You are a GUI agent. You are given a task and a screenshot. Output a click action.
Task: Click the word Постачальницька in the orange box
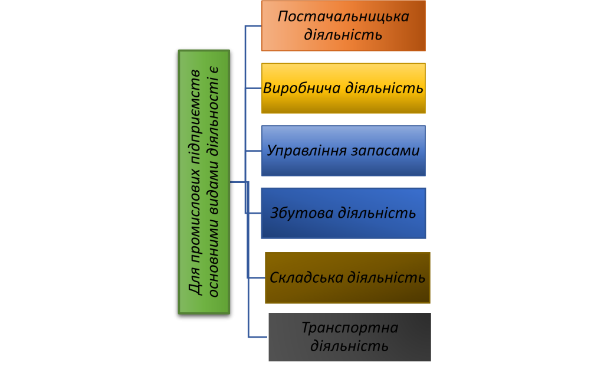click(343, 16)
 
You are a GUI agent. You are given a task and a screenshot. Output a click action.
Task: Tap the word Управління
click(306, 151)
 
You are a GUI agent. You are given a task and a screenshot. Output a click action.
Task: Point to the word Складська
click(306, 277)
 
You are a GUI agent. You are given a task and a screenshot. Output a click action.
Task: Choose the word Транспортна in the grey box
click(350, 328)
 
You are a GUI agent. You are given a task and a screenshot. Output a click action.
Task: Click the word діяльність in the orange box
click(343, 34)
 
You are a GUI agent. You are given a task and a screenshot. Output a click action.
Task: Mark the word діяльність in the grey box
click(350, 345)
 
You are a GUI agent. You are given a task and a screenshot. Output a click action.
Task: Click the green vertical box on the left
click(203, 182)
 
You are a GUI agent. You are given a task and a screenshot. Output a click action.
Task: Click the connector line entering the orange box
click(253, 26)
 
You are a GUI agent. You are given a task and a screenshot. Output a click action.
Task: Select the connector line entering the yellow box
click(253, 89)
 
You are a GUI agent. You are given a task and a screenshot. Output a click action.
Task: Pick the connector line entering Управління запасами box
click(253, 151)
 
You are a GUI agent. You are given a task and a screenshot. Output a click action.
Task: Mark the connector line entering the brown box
click(257, 277)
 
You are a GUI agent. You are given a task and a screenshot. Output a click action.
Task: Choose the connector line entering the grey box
click(258, 337)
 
